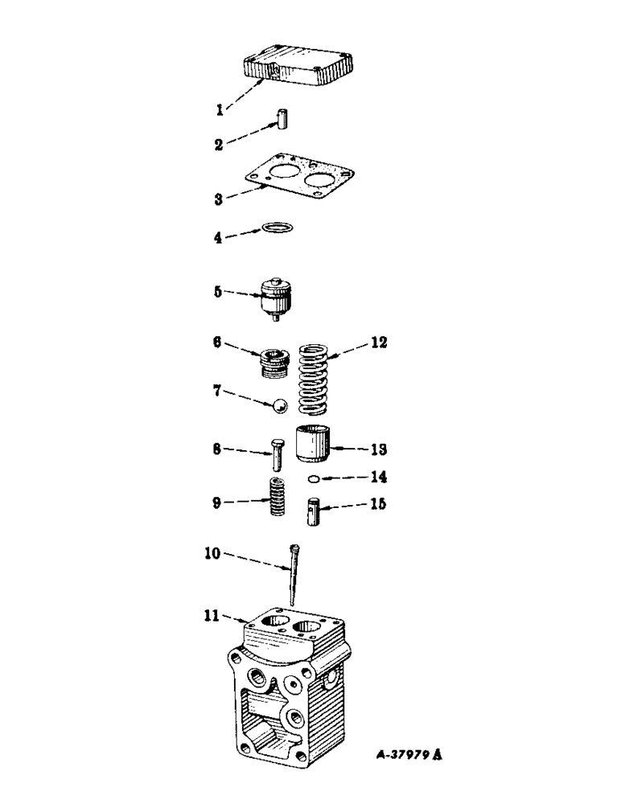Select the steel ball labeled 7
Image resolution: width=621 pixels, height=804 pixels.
tap(278, 406)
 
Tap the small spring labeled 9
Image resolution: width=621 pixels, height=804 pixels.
tap(278, 498)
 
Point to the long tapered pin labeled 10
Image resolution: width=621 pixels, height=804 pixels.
tap(294, 574)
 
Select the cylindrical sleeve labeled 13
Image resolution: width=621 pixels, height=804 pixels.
tap(313, 445)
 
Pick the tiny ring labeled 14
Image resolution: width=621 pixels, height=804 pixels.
tap(314, 480)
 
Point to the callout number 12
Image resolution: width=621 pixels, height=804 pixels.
tap(379, 342)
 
